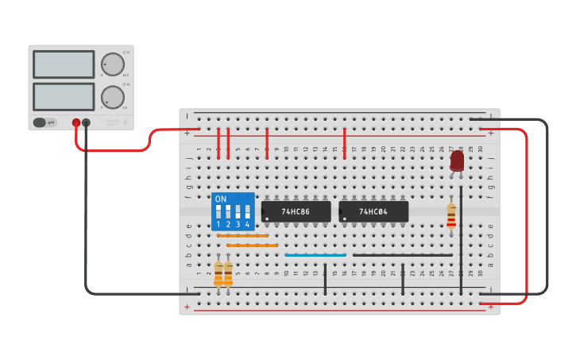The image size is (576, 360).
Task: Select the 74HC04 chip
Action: pyautogui.click(x=373, y=211)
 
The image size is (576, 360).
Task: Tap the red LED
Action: pyautogui.click(x=457, y=161)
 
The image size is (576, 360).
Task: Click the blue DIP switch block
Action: pyautogui.click(x=233, y=211)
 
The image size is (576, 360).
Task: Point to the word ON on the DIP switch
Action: pyautogui.click(x=221, y=199)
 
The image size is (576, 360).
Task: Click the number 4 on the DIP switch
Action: pyautogui.click(x=247, y=225)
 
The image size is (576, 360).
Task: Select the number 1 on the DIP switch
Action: pyautogui.click(x=218, y=225)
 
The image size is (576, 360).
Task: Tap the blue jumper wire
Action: pyautogui.click(x=315, y=255)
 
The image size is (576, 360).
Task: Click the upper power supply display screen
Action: pyautogui.click(x=64, y=64)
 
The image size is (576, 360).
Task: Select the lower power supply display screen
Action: pyautogui.click(x=64, y=96)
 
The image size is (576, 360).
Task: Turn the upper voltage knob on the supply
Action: pyautogui.click(x=112, y=64)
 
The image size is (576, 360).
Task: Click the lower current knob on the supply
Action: pyautogui.click(x=112, y=97)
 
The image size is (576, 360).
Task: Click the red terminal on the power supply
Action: pyautogui.click(x=76, y=123)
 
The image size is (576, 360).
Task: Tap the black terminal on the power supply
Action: pyautogui.click(x=86, y=123)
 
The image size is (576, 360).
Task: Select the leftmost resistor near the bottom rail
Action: pyautogui.click(x=218, y=273)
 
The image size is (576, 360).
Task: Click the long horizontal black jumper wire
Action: pyautogui.click(x=402, y=255)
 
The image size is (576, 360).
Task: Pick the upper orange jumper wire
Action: pyautogui.click(x=242, y=236)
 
